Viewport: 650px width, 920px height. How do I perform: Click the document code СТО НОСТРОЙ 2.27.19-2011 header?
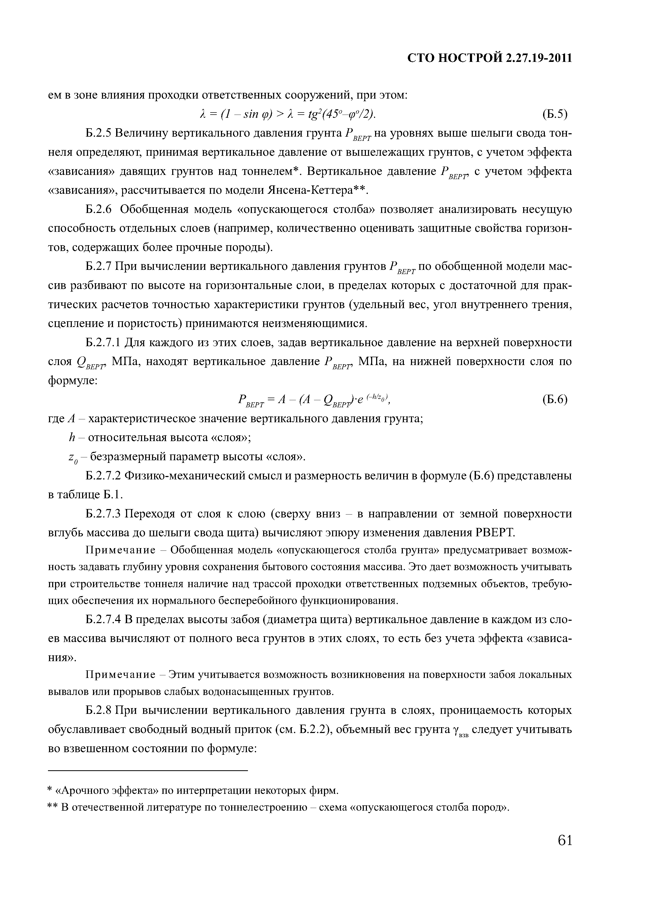489,58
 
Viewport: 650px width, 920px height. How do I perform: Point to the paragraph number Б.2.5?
99,133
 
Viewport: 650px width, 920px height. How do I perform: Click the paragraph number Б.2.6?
99,210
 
